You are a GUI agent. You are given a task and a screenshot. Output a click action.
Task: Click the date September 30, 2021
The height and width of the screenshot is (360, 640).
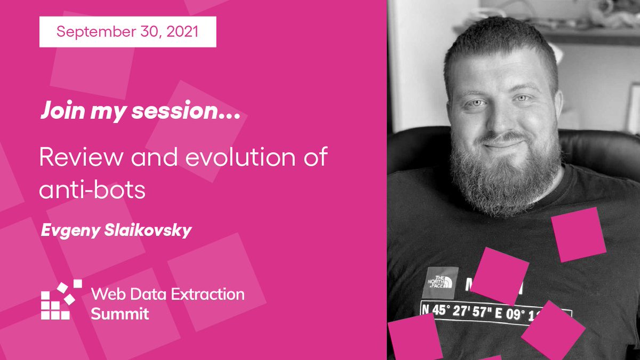click(127, 31)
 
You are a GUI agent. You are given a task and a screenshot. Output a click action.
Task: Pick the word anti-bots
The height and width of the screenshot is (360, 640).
click(92, 189)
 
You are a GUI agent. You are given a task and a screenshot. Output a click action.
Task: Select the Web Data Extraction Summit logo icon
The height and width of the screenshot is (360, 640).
click(61, 300)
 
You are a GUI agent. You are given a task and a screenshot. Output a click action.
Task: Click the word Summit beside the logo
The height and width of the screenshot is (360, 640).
click(119, 314)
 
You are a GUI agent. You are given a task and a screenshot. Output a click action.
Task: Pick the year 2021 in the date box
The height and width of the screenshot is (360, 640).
click(181, 31)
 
